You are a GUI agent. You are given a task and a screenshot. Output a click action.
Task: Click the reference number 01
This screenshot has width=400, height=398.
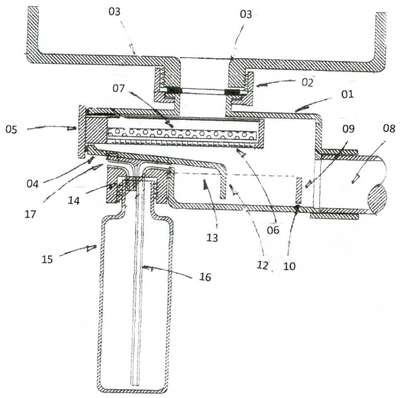pyautogui.click(x=347, y=94)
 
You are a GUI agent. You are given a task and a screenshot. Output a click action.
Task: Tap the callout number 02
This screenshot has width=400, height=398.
pyautogui.click(x=307, y=82)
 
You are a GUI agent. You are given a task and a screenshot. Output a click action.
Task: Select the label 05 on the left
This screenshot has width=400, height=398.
pyautogui.click(x=11, y=129)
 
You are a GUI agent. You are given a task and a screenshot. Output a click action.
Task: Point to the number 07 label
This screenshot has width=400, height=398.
pyautogui.click(x=118, y=89)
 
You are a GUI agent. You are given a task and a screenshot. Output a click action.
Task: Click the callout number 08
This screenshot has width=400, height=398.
pyautogui.click(x=388, y=128)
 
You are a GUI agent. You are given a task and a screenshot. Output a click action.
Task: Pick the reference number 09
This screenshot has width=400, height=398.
pyautogui.click(x=348, y=128)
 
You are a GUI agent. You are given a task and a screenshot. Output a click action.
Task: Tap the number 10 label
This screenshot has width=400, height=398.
pyautogui.click(x=289, y=266)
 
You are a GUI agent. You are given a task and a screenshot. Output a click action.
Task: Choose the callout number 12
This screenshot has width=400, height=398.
pyautogui.click(x=262, y=265)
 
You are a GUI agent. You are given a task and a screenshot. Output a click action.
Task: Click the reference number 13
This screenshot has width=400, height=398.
pyautogui.click(x=212, y=238)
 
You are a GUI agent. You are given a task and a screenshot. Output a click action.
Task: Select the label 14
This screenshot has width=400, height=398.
pyautogui.click(x=74, y=200)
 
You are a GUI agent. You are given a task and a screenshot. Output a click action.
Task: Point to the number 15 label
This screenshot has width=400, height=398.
pyautogui.click(x=47, y=259)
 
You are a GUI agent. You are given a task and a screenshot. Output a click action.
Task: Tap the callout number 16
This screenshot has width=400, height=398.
pyautogui.click(x=205, y=277)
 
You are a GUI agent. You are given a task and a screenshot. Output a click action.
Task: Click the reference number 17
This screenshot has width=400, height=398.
pyautogui.click(x=30, y=214)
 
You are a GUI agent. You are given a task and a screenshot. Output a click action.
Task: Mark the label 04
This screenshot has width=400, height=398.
pyautogui.click(x=33, y=183)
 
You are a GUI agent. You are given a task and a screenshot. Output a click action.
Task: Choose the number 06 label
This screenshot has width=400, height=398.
pyautogui.click(x=273, y=230)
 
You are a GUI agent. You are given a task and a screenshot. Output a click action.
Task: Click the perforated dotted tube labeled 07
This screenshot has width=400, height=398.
pyautogui.click(x=182, y=135)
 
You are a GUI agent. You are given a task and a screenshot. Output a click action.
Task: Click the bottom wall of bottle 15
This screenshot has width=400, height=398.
pyautogui.click(x=133, y=390)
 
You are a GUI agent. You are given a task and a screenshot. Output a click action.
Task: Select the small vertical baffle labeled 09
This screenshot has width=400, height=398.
pyautogui.click(x=299, y=190)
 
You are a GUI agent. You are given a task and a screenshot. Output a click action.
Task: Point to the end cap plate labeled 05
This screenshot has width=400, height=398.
pyautogui.click(x=81, y=132)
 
